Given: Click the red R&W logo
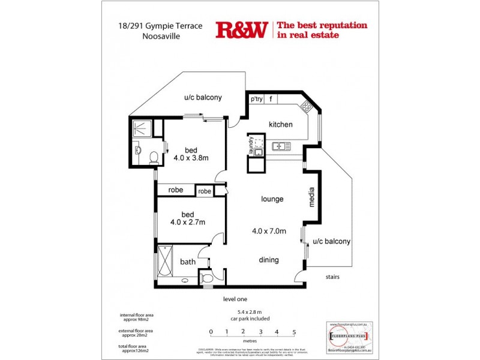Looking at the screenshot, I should [x=241, y=30].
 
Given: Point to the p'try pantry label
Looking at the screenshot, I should [x=257, y=99].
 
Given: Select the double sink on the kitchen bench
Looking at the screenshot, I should [x=280, y=146].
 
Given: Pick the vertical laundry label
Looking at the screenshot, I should [x=251, y=146].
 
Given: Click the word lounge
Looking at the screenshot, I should [x=272, y=199].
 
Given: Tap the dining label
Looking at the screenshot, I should [x=269, y=260].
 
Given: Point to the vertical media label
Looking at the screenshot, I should [x=312, y=197].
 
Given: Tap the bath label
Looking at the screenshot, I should [x=188, y=262].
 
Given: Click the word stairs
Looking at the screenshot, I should [x=334, y=277].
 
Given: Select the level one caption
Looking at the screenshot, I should [x=235, y=299].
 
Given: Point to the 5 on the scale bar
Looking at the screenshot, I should [x=294, y=331].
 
